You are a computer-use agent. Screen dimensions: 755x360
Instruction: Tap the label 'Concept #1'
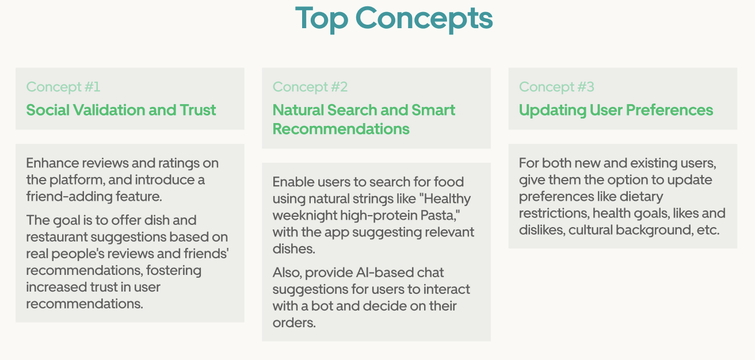63,87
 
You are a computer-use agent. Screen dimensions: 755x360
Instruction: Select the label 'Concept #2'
310,87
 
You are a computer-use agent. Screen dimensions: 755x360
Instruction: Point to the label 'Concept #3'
556,87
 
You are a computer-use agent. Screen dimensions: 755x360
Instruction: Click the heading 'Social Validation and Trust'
121,110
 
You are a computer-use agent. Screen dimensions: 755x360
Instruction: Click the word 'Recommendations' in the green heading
341,129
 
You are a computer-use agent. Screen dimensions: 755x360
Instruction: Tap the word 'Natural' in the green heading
298,110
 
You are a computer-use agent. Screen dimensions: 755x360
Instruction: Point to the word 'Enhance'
52,163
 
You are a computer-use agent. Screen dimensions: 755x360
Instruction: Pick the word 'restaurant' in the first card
56,237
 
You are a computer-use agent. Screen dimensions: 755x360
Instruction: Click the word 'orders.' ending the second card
294,323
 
